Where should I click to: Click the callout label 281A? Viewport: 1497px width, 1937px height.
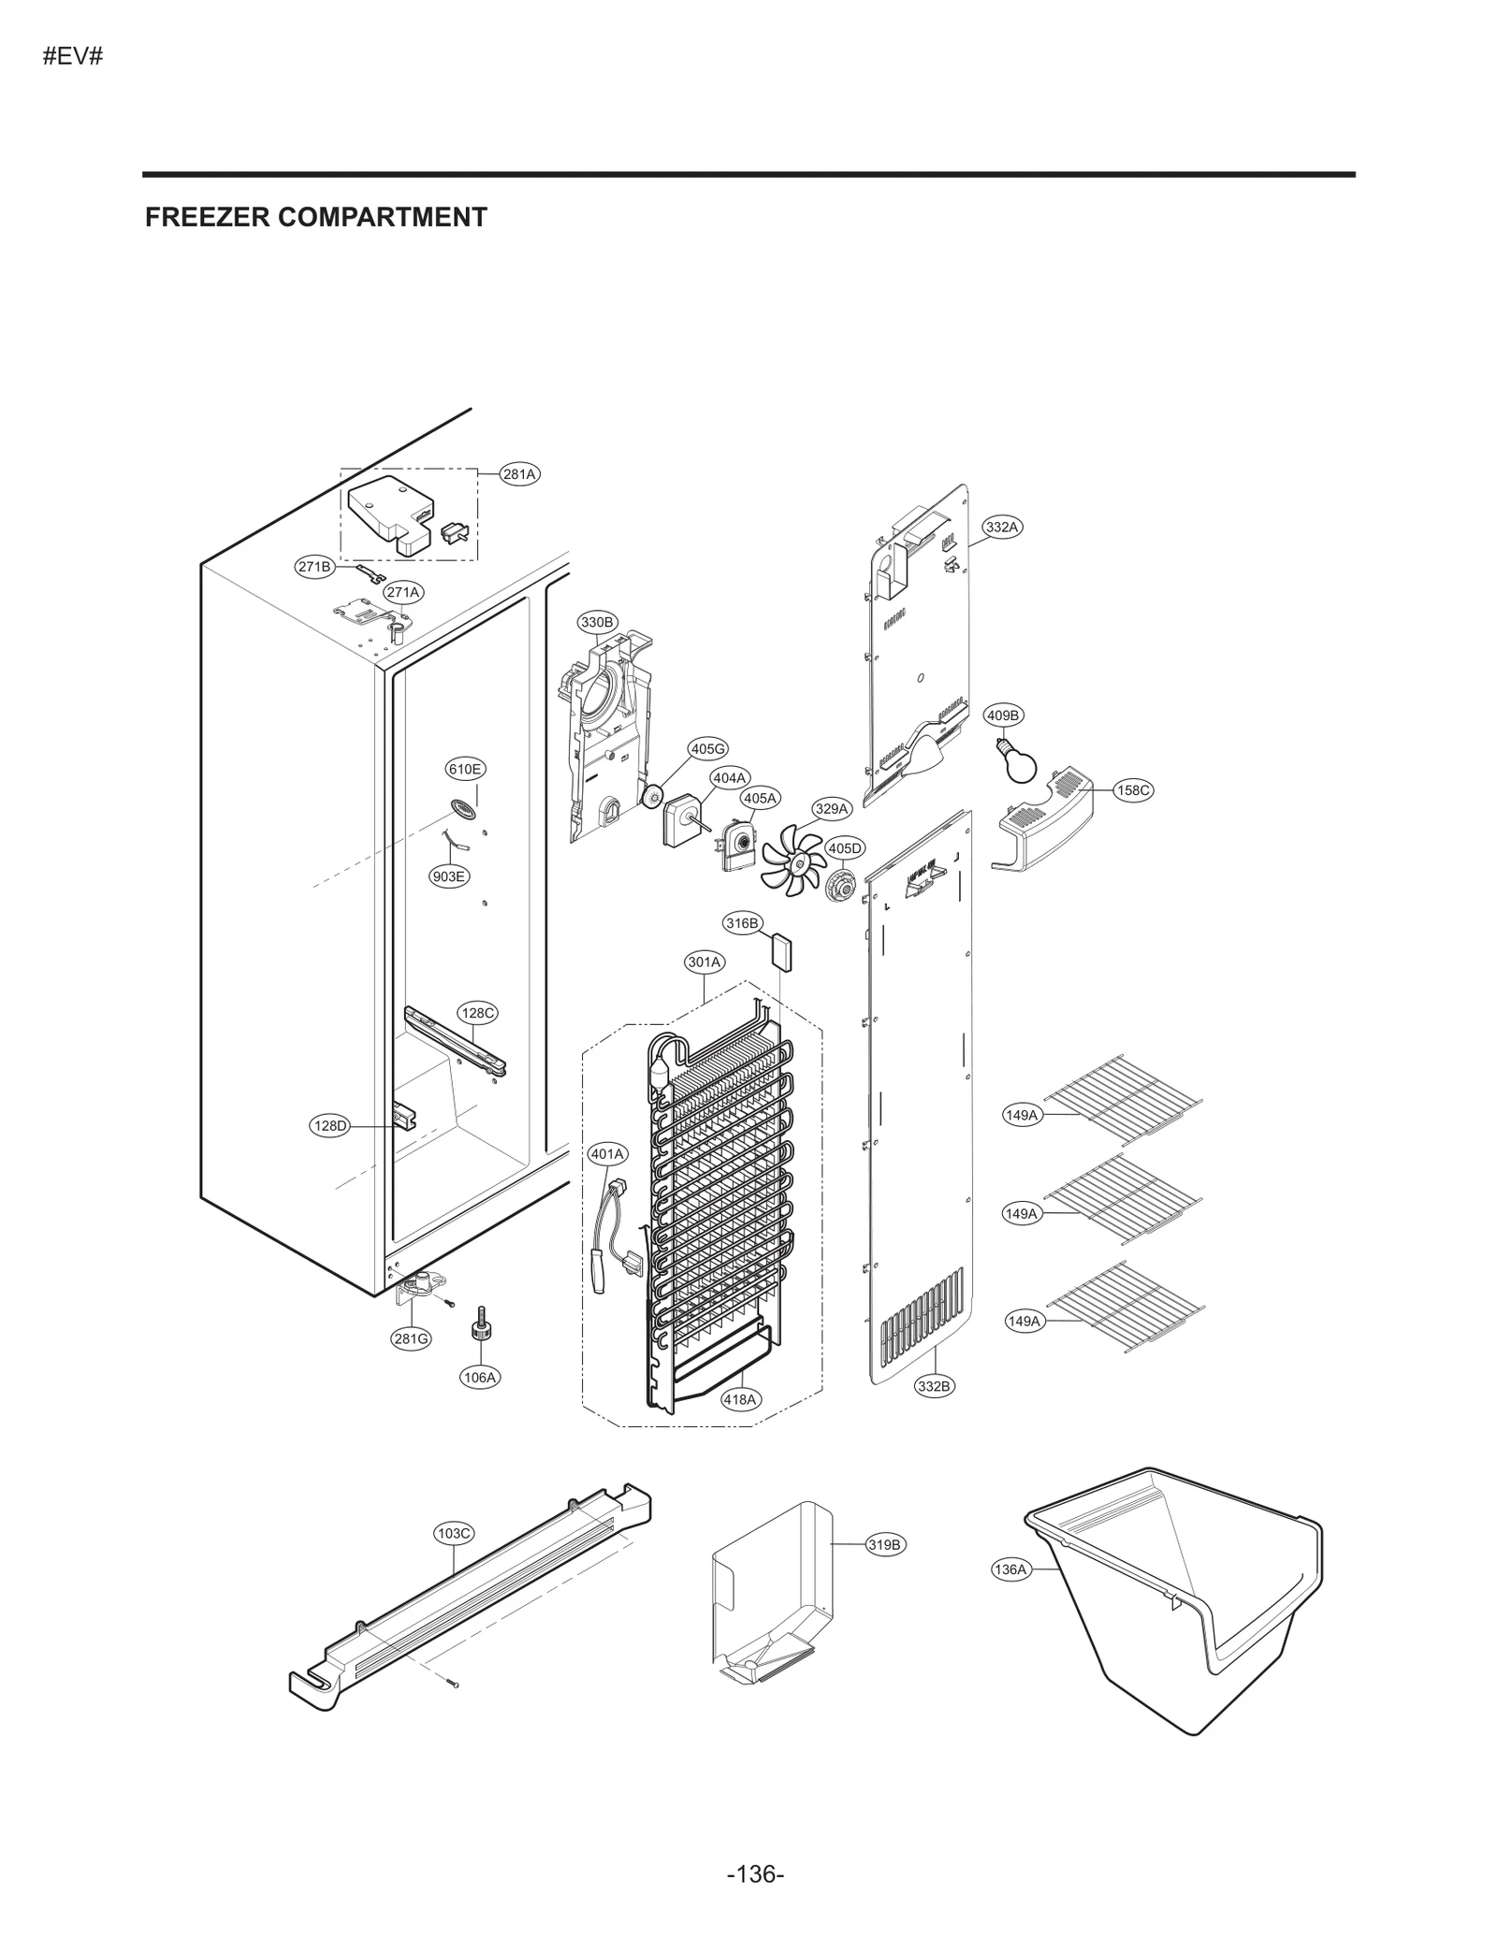tap(519, 474)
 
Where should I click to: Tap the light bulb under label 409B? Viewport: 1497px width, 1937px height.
tap(1014, 761)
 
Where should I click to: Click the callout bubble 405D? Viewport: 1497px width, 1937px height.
tap(844, 848)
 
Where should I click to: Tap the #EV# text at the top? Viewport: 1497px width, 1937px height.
tap(72, 56)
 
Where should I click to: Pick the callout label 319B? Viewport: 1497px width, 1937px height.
tap(884, 1545)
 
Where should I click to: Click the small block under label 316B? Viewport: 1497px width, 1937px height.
tap(780, 952)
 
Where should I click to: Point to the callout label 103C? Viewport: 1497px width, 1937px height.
tap(455, 1533)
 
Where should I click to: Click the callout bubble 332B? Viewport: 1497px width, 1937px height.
tap(934, 1386)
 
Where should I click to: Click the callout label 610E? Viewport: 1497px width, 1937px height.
tap(464, 769)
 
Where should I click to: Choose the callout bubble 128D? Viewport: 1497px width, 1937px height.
tap(329, 1126)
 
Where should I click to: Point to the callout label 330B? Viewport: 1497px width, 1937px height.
tap(597, 622)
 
